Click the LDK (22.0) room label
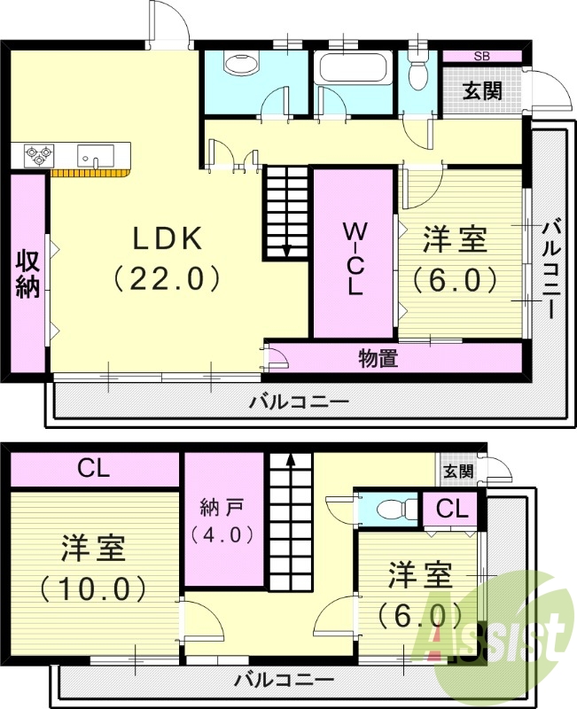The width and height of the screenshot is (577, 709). tap(168, 258)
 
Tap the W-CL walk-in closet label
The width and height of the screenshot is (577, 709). tap(355, 258)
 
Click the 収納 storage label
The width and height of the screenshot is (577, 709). tap(27, 274)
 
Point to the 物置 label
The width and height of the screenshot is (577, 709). tap(378, 358)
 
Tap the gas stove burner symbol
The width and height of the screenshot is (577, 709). tap(38, 154)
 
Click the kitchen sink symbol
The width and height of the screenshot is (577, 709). tap(95, 155)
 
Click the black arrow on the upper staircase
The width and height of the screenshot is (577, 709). tap(286, 249)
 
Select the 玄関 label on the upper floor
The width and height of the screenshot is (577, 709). tap(484, 90)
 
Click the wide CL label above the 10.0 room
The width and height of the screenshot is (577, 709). tap(93, 468)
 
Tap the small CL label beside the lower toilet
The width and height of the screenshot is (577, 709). tap(452, 510)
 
